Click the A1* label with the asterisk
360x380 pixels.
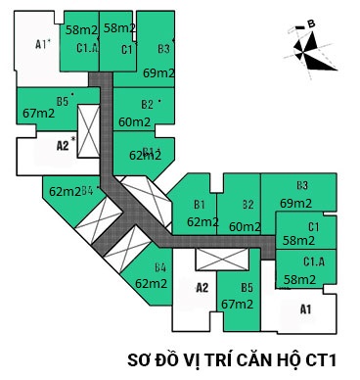click(42, 44)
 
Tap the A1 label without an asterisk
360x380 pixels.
click(304, 310)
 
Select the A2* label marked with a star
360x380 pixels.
click(65, 145)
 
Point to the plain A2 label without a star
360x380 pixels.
click(202, 288)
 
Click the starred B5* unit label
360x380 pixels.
click(65, 100)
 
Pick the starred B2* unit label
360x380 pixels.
click(150, 104)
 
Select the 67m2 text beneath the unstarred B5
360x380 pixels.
click(238, 304)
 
